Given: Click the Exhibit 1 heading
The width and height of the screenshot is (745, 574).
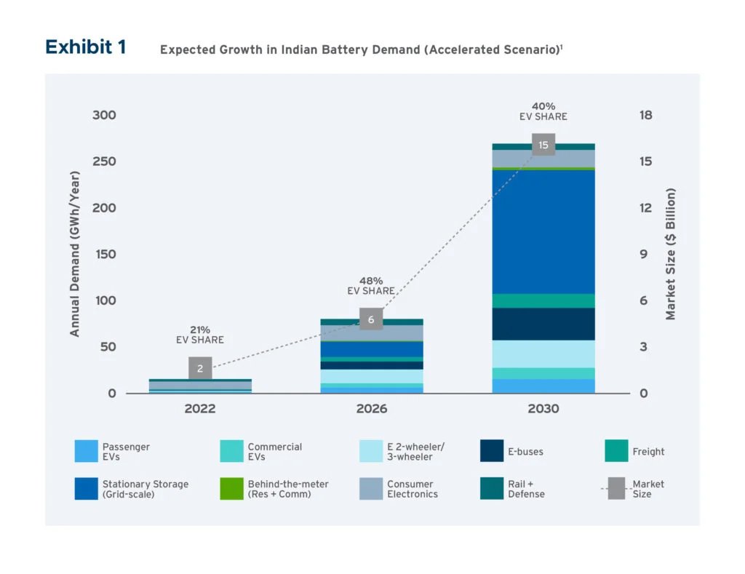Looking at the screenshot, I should pyautogui.click(x=85, y=47).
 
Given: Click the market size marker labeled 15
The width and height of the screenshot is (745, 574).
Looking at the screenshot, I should pyautogui.click(x=543, y=145).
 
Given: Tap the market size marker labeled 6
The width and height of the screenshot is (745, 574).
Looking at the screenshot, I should pyautogui.click(x=371, y=319).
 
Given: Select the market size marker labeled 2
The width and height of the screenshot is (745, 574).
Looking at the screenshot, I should pyautogui.click(x=200, y=369).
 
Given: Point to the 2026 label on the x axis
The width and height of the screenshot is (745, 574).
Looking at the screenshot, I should pyautogui.click(x=371, y=409).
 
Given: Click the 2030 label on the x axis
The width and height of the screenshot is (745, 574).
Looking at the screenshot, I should pyautogui.click(x=543, y=409).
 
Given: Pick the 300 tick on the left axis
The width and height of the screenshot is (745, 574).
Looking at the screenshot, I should pyautogui.click(x=104, y=115).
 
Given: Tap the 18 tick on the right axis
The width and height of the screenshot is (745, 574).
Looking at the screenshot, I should pyautogui.click(x=645, y=115).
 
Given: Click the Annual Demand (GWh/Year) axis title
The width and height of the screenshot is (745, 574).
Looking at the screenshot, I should pyautogui.click(x=74, y=254).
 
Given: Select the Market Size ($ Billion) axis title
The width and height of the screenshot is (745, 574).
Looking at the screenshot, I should pyautogui.click(x=671, y=254).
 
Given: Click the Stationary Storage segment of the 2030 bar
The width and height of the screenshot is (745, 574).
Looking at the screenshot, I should pyautogui.click(x=543, y=231).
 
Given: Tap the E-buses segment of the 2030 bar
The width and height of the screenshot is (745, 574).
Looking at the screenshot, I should pyautogui.click(x=543, y=324).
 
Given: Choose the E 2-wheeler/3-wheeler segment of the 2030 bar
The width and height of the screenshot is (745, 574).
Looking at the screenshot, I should pyautogui.click(x=543, y=354).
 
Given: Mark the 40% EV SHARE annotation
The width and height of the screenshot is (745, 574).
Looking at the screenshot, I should pyautogui.click(x=543, y=111).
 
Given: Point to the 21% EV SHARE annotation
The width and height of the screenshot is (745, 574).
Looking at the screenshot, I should pyautogui.click(x=200, y=335).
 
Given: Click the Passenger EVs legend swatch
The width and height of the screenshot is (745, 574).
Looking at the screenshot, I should pyautogui.click(x=86, y=451).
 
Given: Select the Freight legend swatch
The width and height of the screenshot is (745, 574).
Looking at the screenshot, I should pyautogui.click(x=616, y=451).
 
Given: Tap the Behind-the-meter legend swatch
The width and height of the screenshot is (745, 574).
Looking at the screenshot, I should pyautogui.click(x=231, y=489).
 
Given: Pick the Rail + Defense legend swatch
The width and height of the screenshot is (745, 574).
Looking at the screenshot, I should pyautogui.click(x=492, y=489).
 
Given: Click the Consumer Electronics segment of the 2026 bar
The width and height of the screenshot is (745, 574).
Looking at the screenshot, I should pyautogui.click(x=371, y=333).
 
